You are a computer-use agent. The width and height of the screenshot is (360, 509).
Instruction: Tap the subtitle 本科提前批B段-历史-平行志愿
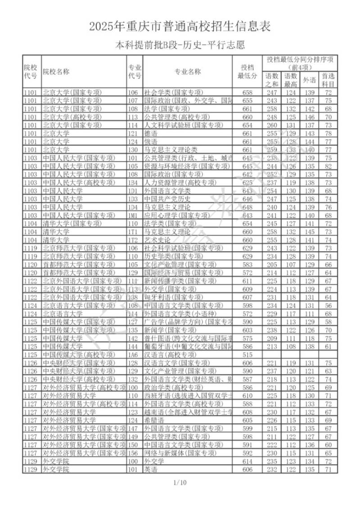(180, 45)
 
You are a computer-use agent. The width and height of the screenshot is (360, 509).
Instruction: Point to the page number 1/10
(180, 483)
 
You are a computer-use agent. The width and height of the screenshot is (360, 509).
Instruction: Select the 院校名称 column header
(56, 72)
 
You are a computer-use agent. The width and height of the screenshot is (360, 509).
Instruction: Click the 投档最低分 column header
(247, 72)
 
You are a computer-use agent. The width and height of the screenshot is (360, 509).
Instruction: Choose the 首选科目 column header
(329, 80)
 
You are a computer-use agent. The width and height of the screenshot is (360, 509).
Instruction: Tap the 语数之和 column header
(271, 80)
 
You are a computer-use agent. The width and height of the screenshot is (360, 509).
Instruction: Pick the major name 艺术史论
(156, 240)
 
